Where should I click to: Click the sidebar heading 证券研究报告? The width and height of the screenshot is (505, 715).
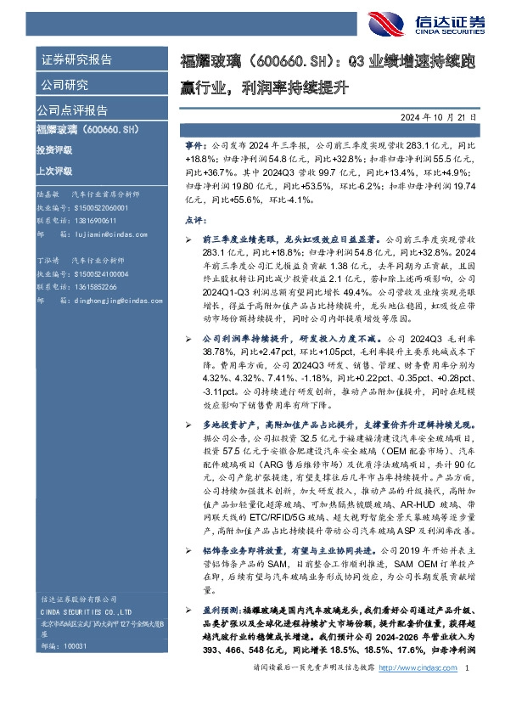click(x=76, y=60)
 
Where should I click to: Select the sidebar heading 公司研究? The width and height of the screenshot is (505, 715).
click(x=65, y=85)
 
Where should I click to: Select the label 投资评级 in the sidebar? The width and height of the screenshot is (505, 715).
click(x=54, y=149)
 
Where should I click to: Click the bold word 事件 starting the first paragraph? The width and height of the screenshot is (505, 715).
click(x=217, y=147)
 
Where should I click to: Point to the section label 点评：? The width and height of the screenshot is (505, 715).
click(x=217, y=219)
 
